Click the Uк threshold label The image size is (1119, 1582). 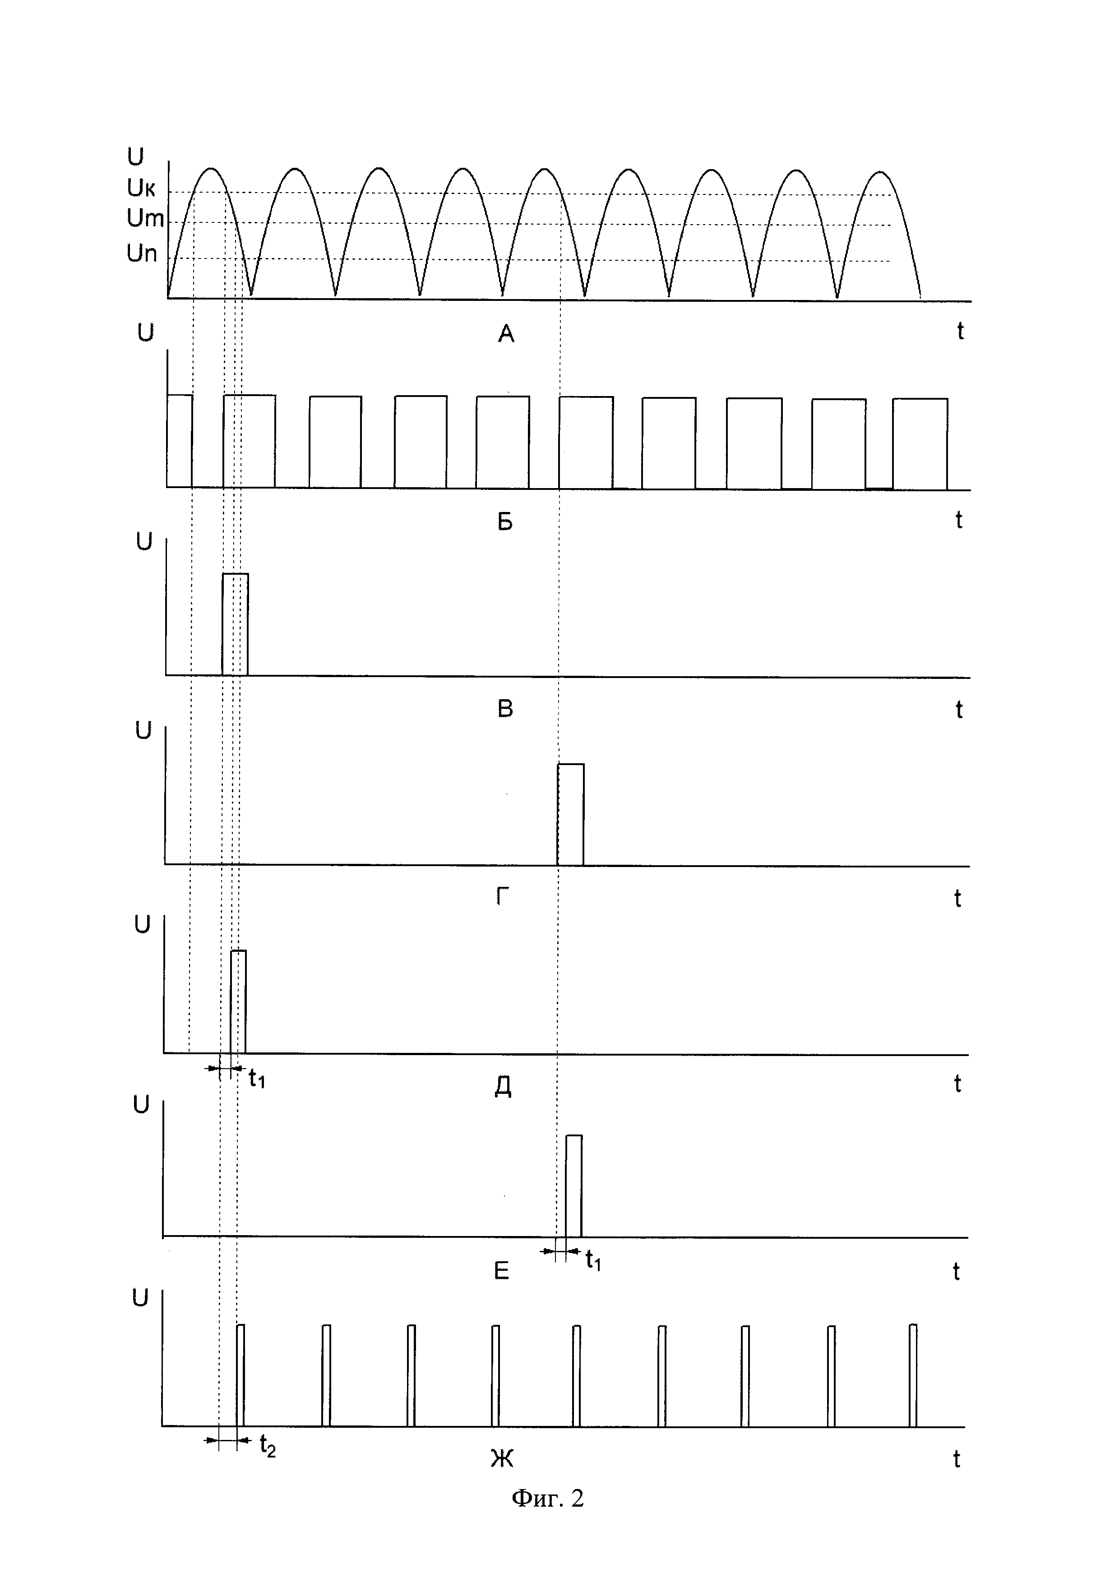click(141, 187)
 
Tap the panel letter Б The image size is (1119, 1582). click(505, 523)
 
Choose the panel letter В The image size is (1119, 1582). click(505, 710)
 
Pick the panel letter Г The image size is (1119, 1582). click(503, 898)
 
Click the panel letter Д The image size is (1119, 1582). click(503, 1087)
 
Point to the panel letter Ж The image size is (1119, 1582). click(502, 1459)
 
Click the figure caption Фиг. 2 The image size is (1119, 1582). click(547, 1498)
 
